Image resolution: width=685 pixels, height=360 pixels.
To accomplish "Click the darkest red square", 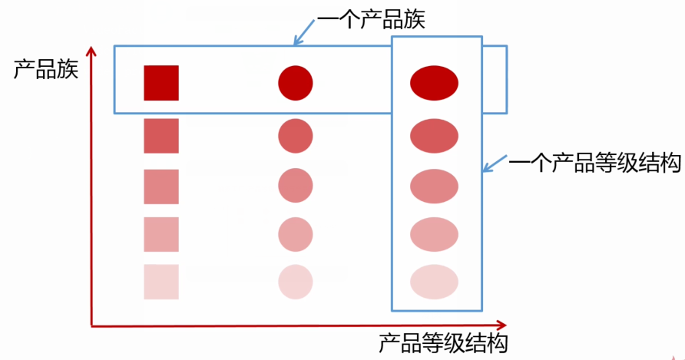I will coord(161,83).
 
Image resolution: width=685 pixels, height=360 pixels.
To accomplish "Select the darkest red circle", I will coord(296,83).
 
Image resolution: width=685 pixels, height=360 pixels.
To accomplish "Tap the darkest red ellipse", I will coord(434,83).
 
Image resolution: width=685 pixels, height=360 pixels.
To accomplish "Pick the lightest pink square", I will coord(161,282).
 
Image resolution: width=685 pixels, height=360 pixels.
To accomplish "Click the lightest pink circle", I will coord(296,282).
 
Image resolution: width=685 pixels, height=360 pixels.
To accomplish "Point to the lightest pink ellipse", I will coord(434,282).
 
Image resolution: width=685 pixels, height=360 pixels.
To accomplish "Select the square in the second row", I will coord(161,136).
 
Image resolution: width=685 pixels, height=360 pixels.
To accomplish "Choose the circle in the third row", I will coord(296,185).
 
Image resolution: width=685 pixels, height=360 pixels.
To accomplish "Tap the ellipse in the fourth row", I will coord(434,234).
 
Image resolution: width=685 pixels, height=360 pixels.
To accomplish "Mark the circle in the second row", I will coord(296,136).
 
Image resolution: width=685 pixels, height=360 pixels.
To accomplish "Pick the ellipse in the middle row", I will coord(434,185).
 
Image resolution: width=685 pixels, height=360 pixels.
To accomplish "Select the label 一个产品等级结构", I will coord(595,163).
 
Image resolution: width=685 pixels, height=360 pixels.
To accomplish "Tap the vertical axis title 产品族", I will coord(46,71).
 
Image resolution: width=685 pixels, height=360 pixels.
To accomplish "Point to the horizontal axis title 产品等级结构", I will coord(443,342).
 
